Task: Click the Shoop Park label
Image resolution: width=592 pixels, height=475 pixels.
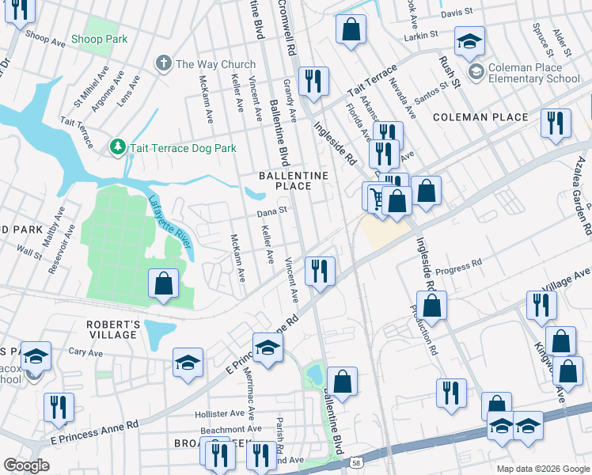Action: (98, 39)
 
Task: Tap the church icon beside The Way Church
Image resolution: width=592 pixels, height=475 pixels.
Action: (164, 64)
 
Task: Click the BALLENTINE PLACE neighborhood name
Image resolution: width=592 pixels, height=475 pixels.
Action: (283, 180)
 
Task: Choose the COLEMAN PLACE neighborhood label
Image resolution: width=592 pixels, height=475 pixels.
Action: (480, 117)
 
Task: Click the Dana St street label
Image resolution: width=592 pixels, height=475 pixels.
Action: (270, 212)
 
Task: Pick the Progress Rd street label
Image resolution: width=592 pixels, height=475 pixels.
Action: (460, 263)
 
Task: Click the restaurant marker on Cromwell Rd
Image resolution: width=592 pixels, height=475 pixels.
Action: (314, 81)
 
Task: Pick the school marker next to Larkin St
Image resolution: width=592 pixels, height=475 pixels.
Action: (469, 41)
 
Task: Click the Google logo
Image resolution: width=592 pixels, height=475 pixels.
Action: (27, 465)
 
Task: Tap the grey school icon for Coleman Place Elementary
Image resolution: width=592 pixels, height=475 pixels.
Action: (476, 73)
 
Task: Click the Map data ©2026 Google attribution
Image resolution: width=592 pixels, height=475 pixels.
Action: (542, 468)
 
